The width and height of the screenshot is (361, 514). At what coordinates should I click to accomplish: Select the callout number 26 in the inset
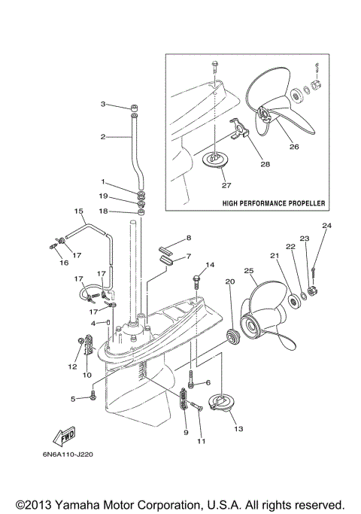(x=293, y=147)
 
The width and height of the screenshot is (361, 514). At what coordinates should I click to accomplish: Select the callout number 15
(x=77, y=211)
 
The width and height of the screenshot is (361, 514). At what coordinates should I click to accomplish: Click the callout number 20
(x=229, y=283)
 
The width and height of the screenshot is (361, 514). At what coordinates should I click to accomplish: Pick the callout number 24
(x=326, y=226)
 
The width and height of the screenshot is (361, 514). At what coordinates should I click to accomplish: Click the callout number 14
(x=211, y=265)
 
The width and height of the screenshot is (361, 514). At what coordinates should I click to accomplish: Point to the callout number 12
(x=73, y=366)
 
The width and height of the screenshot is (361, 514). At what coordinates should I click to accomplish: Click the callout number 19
(x=103, y=196)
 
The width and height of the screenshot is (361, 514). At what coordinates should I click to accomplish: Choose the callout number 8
(x=189, y=237)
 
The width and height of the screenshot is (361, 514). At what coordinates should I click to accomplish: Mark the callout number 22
(x=290, y=246)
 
